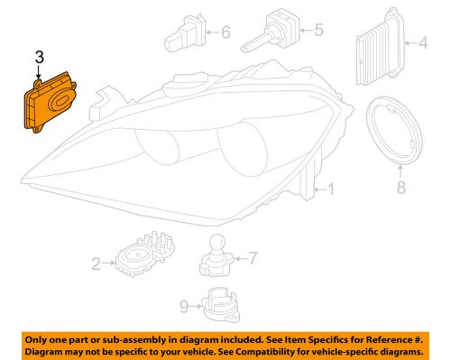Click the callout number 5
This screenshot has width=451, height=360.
[x=317, y=31]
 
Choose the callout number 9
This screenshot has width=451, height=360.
[x=184, y=306]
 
